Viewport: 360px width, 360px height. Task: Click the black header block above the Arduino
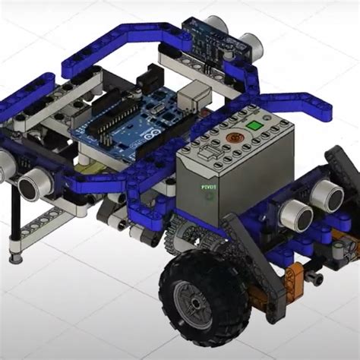pos(149,76)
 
